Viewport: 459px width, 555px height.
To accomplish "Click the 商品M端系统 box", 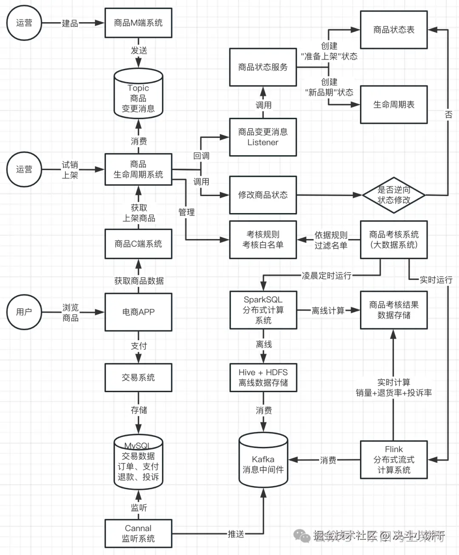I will click(138, 23).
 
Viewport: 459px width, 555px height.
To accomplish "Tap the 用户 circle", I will click(24, 312).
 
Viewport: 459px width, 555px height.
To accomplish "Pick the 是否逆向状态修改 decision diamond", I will click(394, 195).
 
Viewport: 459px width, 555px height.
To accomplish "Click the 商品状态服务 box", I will click(263, 67).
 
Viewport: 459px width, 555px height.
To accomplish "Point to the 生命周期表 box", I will click(394, 105).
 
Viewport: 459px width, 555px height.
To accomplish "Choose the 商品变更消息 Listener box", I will click(263, 137).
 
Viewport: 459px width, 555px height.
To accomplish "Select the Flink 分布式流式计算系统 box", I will click(394, 460).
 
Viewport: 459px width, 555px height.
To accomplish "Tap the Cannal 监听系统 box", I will click(138, 533).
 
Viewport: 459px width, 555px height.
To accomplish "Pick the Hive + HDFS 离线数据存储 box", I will click(263, 377).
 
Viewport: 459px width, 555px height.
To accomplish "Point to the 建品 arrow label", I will click(70, 23).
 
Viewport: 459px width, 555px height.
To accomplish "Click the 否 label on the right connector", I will click(448, 114).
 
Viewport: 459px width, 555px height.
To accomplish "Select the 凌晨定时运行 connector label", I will click(326, 276).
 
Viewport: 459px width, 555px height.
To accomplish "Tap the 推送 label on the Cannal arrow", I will click(235, 534).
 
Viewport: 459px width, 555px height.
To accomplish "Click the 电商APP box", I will click(138, 312).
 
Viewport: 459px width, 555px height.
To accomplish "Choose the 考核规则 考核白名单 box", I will click(263, 239).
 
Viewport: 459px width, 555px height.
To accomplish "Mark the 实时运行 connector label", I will click(436, 280).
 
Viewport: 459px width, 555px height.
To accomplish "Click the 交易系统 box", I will click(138, 377).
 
